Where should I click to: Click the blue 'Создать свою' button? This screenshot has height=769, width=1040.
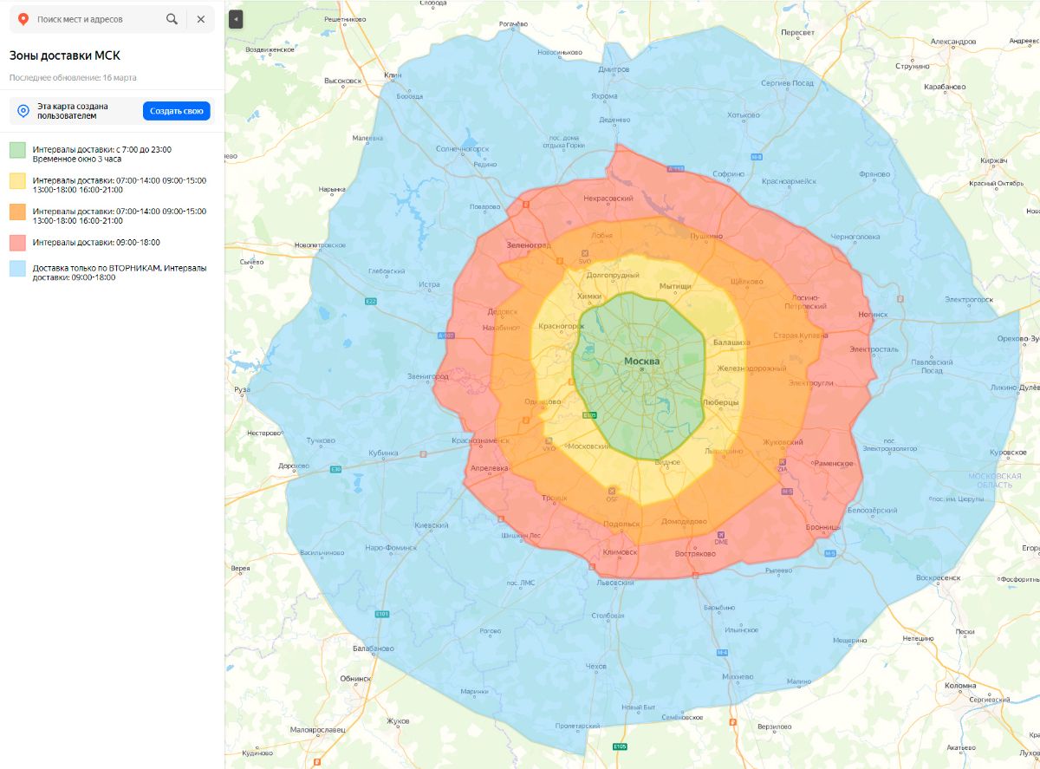pos(177,111)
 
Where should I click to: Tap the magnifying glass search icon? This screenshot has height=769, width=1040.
pos(172,19)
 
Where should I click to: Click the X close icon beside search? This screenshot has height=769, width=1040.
pos(201,19)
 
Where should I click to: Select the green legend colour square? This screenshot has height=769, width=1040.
pos(18,150)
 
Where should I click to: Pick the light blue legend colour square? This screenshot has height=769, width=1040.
pos(18,269)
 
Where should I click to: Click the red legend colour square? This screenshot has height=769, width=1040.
pos(18,243)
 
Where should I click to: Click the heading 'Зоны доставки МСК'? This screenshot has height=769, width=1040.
pos(64,55)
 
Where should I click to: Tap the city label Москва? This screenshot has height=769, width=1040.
pos(641,362)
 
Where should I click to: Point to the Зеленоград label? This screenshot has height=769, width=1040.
pos(529,245)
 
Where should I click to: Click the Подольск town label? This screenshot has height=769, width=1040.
pos(621,524)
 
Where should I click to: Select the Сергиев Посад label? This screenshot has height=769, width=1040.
pos(787,83)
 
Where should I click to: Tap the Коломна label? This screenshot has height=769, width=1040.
pos(959,686)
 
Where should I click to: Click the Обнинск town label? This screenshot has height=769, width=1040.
pos(355,679)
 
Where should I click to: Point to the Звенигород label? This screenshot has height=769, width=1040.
pos(428,376)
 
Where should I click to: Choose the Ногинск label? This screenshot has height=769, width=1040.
pos(873,315)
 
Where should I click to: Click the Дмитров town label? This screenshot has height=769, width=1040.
pos(614,69)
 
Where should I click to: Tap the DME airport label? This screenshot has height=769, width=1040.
pos(721,542)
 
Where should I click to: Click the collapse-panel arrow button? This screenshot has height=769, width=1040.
pos(236,18)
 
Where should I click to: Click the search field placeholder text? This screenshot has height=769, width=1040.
pos(80,19)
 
